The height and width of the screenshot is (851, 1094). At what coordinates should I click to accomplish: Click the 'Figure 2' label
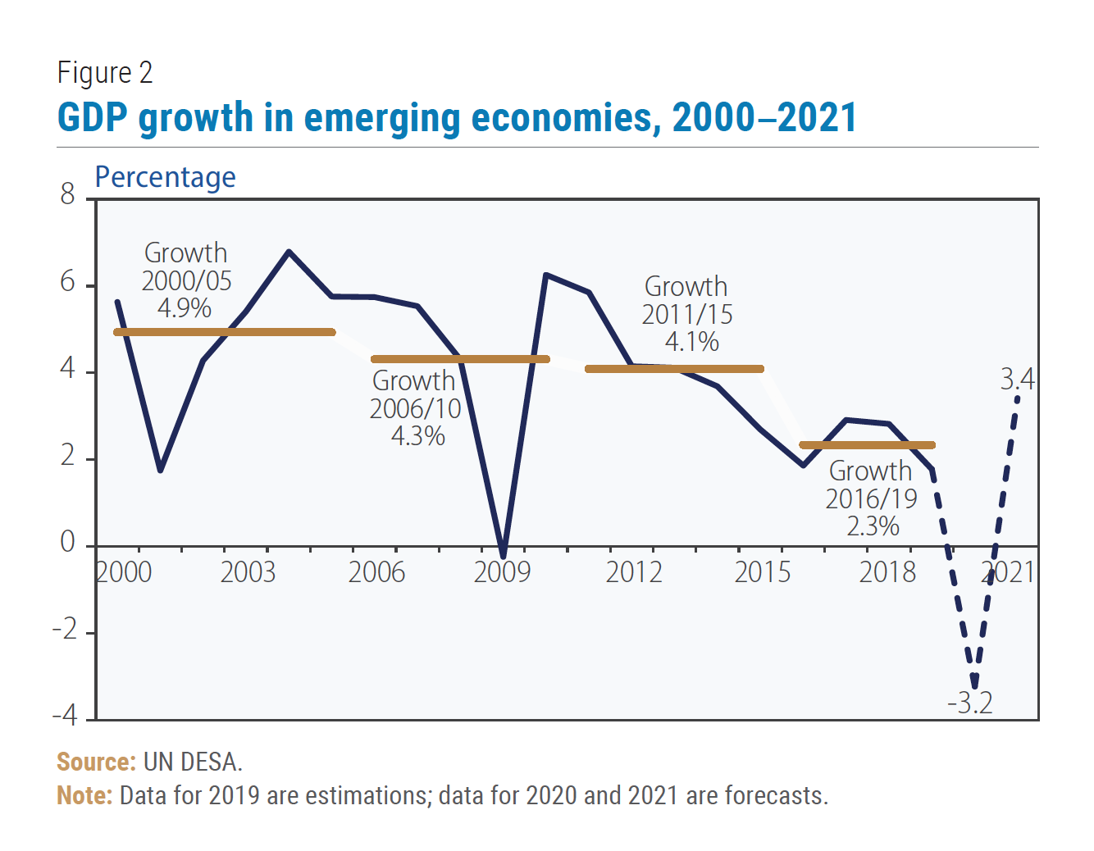tap(105, 73)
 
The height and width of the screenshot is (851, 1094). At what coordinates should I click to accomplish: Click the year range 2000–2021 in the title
tap(764, 117)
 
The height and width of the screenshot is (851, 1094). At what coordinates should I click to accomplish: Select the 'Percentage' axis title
tap(165, 177)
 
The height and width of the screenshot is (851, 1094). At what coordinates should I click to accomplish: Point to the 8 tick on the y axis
tap(67, 194)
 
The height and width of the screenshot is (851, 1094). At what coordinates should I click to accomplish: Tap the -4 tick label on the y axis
tap(65, 716)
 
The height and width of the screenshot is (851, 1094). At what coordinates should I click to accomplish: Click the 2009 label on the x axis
tap(502, 571)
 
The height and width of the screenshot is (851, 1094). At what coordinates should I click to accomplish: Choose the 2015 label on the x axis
tap(762, 571)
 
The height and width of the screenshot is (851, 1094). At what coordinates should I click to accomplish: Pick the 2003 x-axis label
tap(248, 571)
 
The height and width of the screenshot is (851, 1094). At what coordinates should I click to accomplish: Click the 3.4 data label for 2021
tap(1017, 380)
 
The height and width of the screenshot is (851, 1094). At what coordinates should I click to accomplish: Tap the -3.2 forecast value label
tap(970, 703)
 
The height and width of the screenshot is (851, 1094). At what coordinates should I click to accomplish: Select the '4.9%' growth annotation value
tap(185, 308)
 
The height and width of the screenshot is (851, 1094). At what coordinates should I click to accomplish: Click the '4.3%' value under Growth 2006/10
tap(417, 435)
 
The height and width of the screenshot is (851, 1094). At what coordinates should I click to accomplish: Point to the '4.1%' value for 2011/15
tap(691, 341)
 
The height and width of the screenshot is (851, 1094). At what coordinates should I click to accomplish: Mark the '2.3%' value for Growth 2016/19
tap(873, 526)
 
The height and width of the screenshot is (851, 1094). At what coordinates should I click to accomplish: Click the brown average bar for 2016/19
tap(867, 445)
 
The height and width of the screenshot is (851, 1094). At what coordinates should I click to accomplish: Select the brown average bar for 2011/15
tap(674, 369)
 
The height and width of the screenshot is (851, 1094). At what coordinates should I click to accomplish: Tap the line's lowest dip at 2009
tap(503, 557)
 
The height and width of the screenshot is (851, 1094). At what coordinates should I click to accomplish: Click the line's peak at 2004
tap(289, 252)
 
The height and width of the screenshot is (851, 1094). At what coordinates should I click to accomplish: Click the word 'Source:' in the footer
tap(96, 762)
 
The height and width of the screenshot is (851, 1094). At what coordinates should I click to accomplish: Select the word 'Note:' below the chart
tap(84, 795)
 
